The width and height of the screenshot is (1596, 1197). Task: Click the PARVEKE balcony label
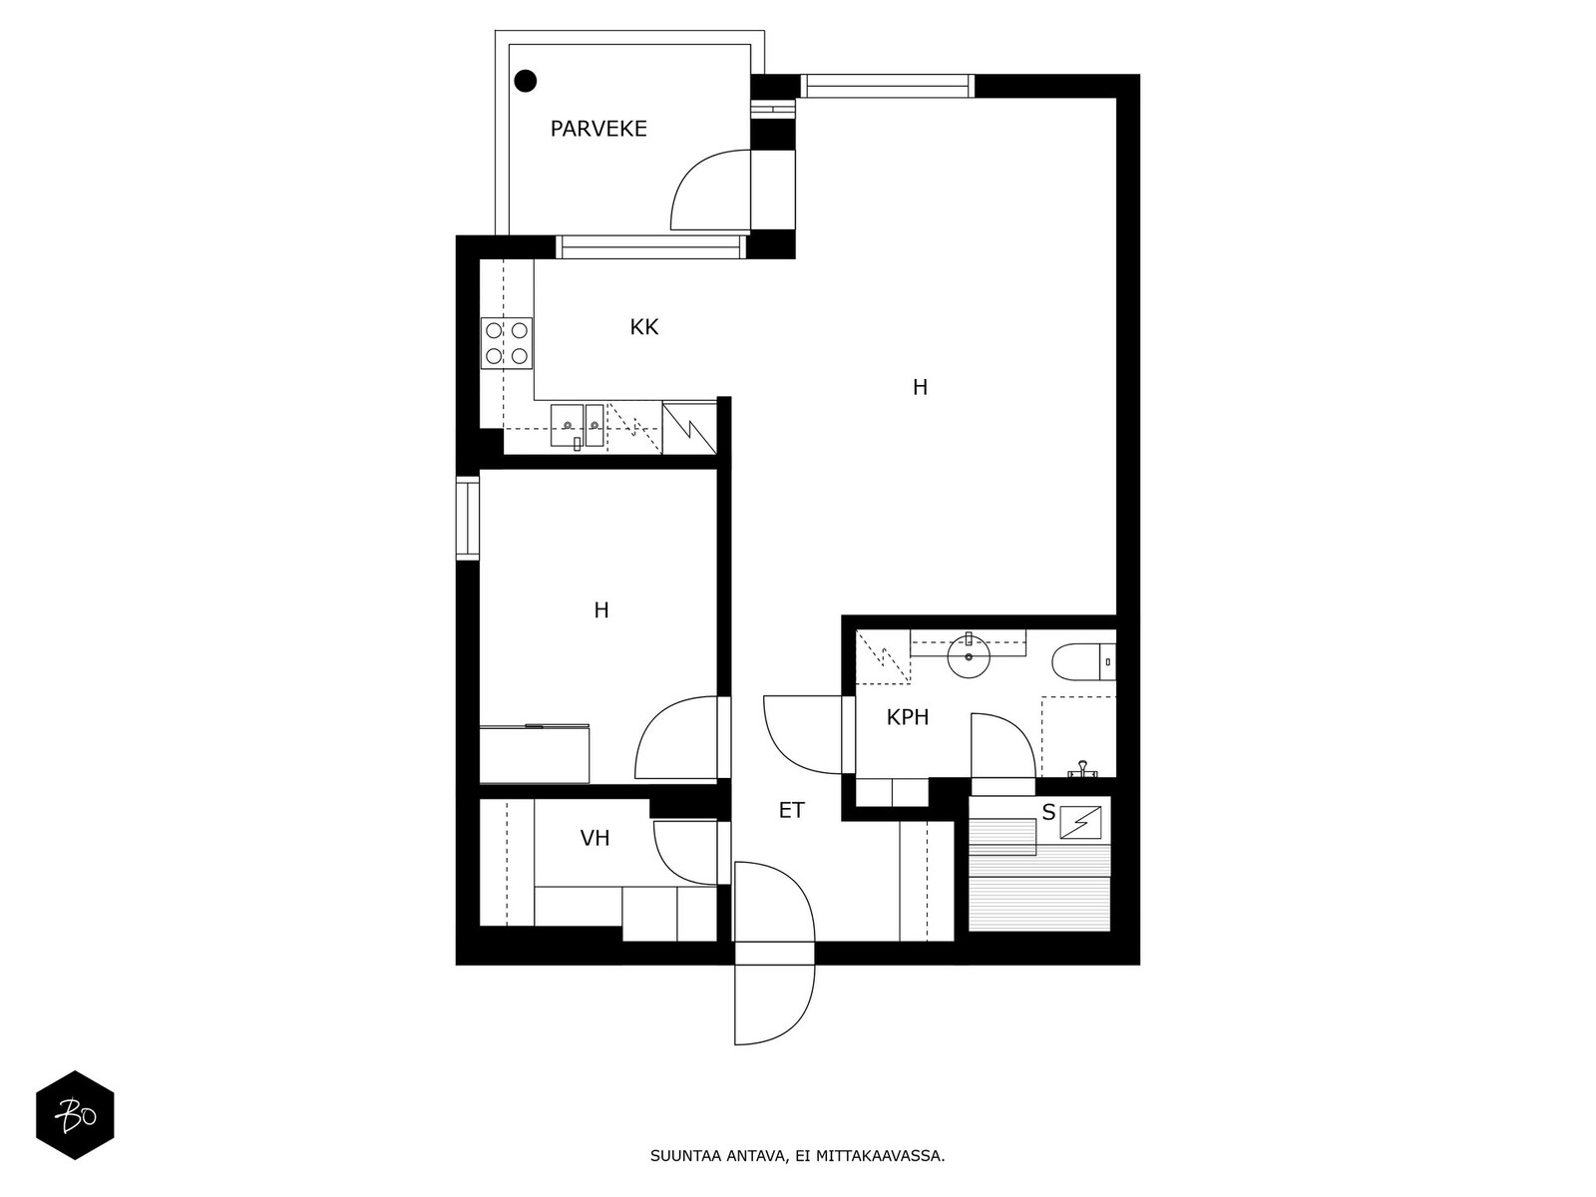click(598, 129)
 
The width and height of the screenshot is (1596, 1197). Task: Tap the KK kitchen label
click(644, 327)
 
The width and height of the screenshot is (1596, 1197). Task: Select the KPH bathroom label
click(908, 717)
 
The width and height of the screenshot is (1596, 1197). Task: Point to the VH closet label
click(595, 839)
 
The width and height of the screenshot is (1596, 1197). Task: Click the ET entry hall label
click(792, 810)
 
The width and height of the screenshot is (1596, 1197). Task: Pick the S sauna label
click(1048, 813)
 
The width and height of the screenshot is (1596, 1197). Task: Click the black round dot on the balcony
click(525, 81)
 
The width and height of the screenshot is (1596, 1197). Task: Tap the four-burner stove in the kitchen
click(507, 344)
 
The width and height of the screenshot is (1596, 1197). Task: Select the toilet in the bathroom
click(1083, 661)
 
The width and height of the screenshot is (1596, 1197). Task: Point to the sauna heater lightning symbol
click(1080, 822)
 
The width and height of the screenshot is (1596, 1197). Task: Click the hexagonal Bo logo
click(76, 1115)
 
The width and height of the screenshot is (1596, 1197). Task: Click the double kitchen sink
click(578, 426)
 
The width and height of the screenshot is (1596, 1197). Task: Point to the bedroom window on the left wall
click(468, 518)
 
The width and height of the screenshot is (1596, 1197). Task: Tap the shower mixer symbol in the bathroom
click(1081, 770)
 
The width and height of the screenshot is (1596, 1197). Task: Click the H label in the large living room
click(920, 387)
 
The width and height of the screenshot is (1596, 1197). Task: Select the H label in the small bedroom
click(600, 610)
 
